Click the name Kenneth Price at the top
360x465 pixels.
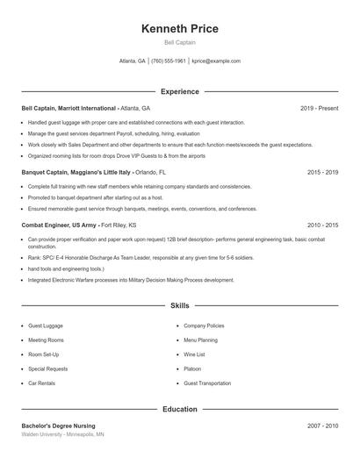(x=179, y=29)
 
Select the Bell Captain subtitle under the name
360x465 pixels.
(x=179, y=43)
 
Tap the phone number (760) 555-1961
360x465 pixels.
(x=169, y=61)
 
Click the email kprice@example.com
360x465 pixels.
(x=216, y=61)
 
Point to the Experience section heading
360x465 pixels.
(x=179, y=91)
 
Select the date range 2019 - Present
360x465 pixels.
(x=319, y=108)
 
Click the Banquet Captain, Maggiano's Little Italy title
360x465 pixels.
(x=76, y=173)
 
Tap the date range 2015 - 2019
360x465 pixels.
(x=322, y=173)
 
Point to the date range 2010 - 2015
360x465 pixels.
(x=322, y=225)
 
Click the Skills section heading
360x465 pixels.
(x=179, y=305)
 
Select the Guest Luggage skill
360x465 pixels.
(x=46, y=325)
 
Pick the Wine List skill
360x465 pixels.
(x=194, y=354)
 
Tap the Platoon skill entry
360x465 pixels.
(x=192, y=368)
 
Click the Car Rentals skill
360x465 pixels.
(x=42, y=383)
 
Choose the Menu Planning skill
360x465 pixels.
(x=200, y=340)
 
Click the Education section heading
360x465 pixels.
(x=179, y=409)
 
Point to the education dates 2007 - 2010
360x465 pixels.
(x=322, y=426)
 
